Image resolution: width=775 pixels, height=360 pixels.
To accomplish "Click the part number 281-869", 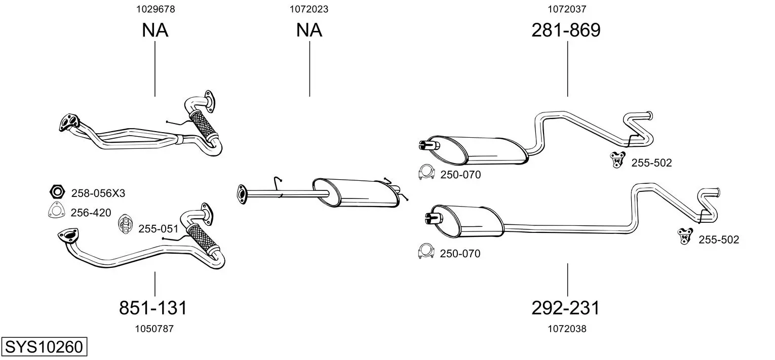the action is point(566,30).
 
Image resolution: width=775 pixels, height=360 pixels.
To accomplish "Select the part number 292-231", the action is point(565,307).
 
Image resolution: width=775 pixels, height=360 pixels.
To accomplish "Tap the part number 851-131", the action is point(153,307).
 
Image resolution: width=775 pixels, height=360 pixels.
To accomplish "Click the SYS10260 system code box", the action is point(44,346).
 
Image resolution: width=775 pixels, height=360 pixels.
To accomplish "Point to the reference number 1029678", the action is point(156,9).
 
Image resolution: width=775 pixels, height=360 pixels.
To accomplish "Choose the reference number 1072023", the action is point(309,9).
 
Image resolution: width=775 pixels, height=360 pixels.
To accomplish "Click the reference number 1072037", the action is point(567,9).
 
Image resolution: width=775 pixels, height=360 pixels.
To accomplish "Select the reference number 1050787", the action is point(154,328).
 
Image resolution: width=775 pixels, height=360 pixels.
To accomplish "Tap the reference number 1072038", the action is point(567,328).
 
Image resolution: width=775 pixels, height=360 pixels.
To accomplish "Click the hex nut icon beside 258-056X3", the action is point(57,191).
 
